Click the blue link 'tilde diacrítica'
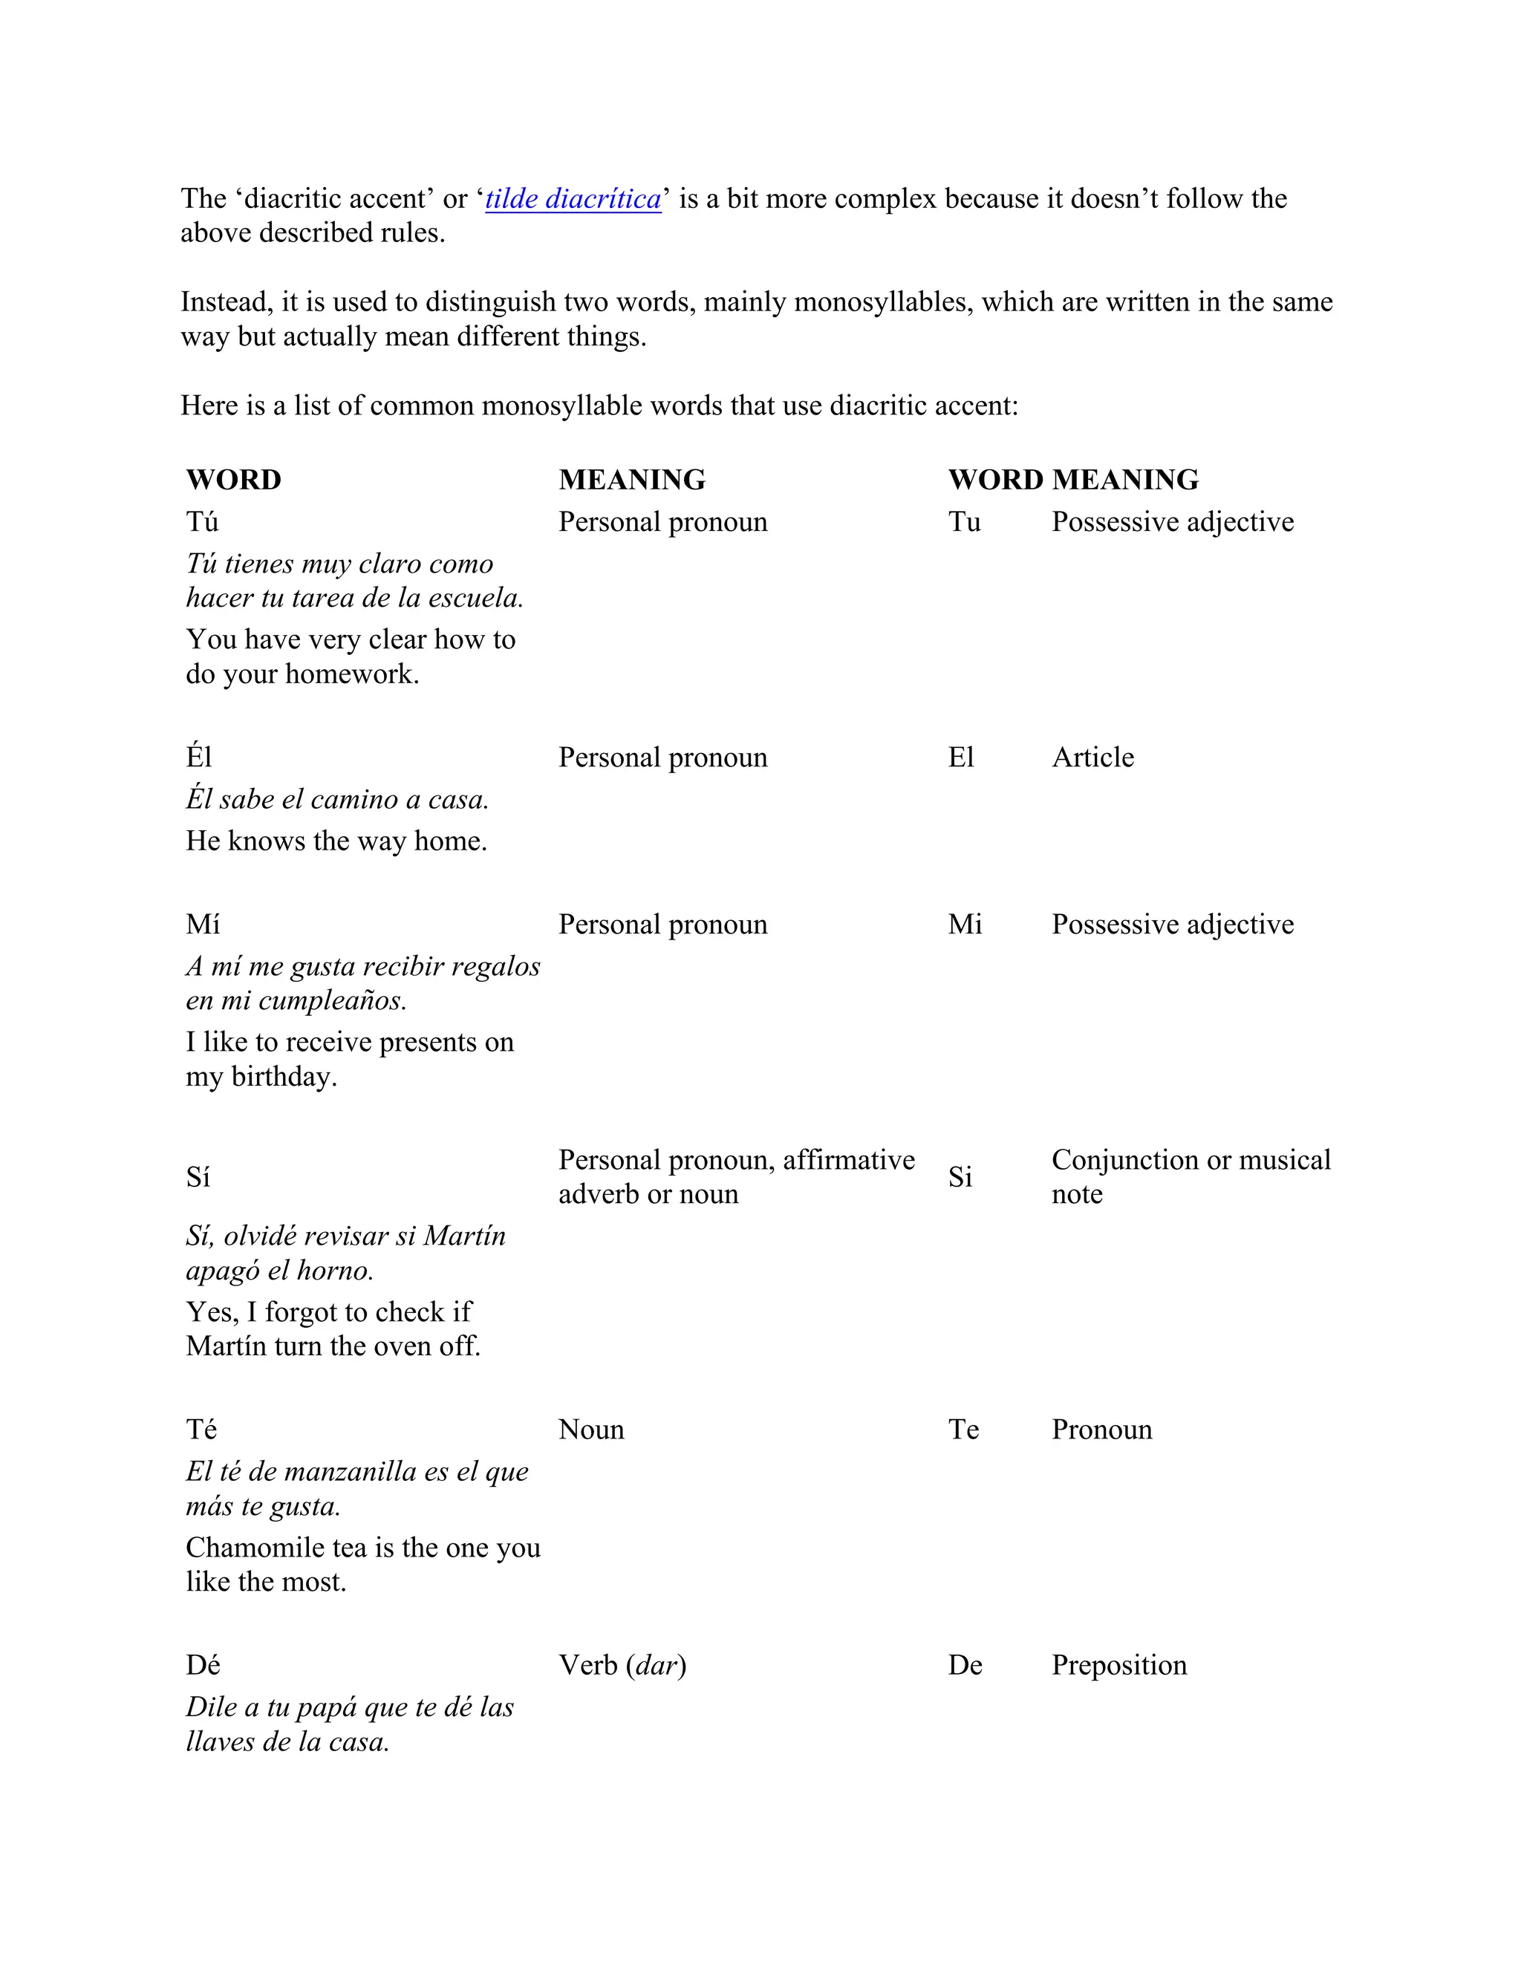(x=573, y=198)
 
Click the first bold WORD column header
(x=233, y=480)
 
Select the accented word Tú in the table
(x=202, y=522)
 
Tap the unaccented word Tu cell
(x=964, y=522)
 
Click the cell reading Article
(x=1092, y=757)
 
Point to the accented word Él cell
(x=198, y=757)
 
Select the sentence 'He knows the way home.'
(x=336, y=841)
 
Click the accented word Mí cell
(x=203, y=924)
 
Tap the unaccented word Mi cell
(x=965, y=924)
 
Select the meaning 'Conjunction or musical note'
(x=1190, y=1176)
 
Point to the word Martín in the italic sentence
(x=464, y=1236)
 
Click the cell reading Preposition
(x=1119, y=1664)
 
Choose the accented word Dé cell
(x=203, y=1664)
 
